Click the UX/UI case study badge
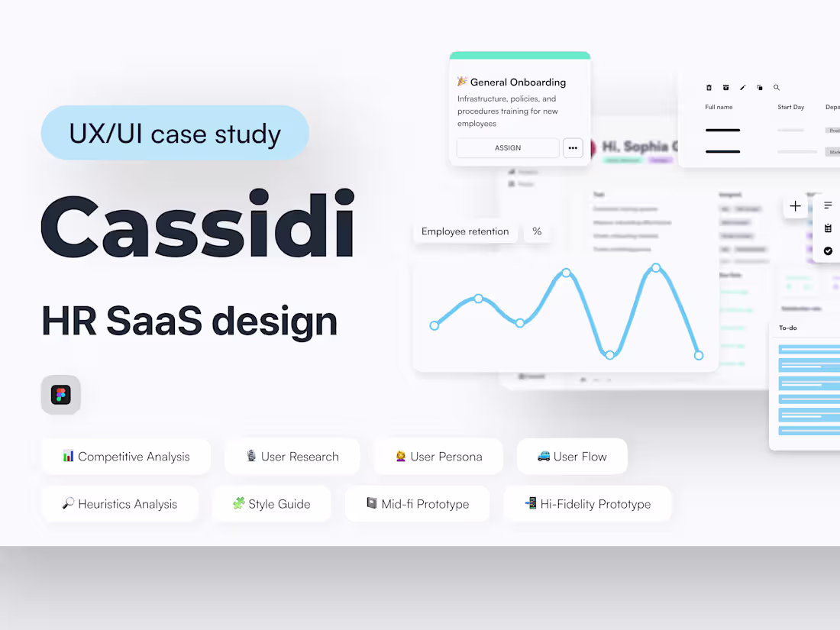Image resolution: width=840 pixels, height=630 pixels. pos(175,134)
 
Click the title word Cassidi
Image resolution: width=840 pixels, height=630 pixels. pos(198,225)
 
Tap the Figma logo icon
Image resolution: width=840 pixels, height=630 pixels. pos(61,395)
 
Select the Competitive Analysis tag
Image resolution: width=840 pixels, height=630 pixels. pos(126,457)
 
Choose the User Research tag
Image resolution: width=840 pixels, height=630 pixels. pos(292,457)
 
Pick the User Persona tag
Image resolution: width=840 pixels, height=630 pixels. pos(438,457)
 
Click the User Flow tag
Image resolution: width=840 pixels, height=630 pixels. pos(572,457)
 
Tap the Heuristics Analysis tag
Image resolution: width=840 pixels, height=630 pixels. pos(120,504)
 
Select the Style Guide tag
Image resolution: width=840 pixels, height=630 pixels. pos(271,504)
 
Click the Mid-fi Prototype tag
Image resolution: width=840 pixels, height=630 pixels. pos(417,504)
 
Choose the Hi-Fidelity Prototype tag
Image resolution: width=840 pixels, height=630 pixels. pos(587,504)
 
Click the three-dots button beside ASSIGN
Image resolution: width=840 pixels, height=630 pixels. pos(573,147)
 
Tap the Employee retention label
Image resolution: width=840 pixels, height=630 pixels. pos(465,231)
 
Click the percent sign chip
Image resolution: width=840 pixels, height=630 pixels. pos(537,231)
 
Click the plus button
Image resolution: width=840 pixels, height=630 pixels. pos(795,206)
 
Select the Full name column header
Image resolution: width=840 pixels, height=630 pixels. pos(719,107)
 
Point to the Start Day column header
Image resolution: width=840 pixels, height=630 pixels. pos(790,107)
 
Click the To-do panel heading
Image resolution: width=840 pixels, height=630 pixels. pos(787,328)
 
